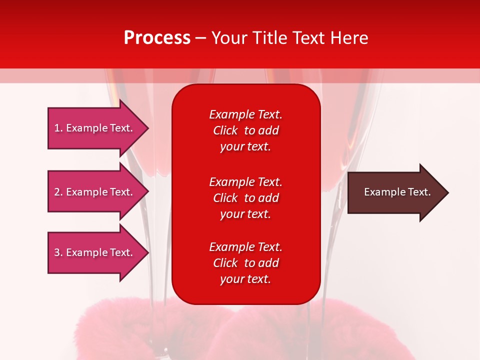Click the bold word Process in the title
coord(157,38)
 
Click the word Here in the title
coord(348,38)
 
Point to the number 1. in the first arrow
coord(58,128)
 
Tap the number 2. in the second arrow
coord(58,192)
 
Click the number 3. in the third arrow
coord(58,252)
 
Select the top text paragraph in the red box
coord(245,130)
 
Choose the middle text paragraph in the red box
coord(245,198)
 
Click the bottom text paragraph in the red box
coord(245,263)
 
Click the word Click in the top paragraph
coord(225,130)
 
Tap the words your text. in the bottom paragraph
coord(245,279)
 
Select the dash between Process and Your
coord(201,38)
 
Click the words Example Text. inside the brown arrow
coord(397,192)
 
